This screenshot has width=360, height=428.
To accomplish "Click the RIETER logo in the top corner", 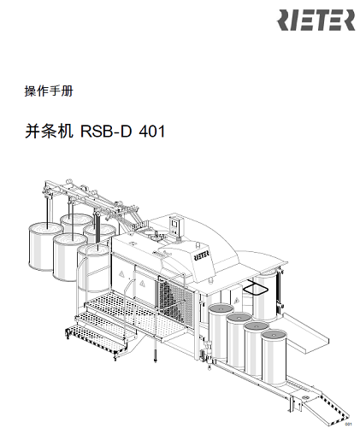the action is point(316,20).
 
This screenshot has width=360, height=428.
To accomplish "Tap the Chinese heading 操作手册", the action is point(49,91).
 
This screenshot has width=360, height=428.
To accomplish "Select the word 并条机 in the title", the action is point(49,132).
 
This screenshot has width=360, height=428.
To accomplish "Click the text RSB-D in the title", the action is point(106,132).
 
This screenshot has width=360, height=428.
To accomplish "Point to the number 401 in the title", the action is point(152,132).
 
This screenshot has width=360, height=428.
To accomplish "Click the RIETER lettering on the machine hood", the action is point(202,255).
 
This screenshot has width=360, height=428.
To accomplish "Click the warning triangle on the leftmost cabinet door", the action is point(121,274).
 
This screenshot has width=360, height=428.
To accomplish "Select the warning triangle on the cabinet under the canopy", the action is point(236,301).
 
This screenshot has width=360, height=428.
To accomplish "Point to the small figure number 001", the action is point(348,425).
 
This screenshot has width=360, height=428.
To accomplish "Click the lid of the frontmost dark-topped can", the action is point(274,336).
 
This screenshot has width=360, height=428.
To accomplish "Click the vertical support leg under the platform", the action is point(155,348).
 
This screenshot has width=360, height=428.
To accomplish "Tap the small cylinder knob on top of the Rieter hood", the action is point(198,244).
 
